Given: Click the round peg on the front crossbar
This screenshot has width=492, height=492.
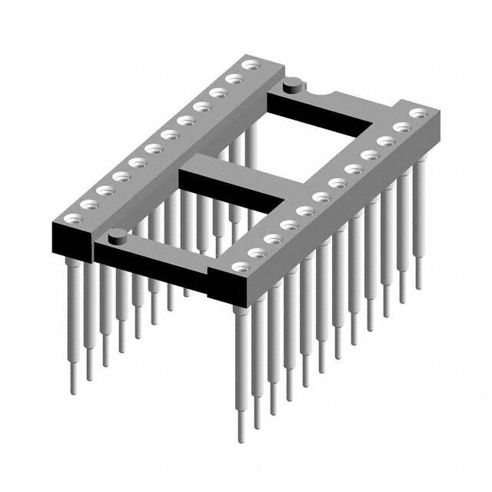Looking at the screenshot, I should point(116,235).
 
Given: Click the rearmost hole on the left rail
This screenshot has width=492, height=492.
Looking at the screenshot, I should point(249,66).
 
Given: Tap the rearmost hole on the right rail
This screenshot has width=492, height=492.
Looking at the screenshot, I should point(418,113).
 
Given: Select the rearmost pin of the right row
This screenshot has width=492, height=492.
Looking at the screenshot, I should point(419,231).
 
